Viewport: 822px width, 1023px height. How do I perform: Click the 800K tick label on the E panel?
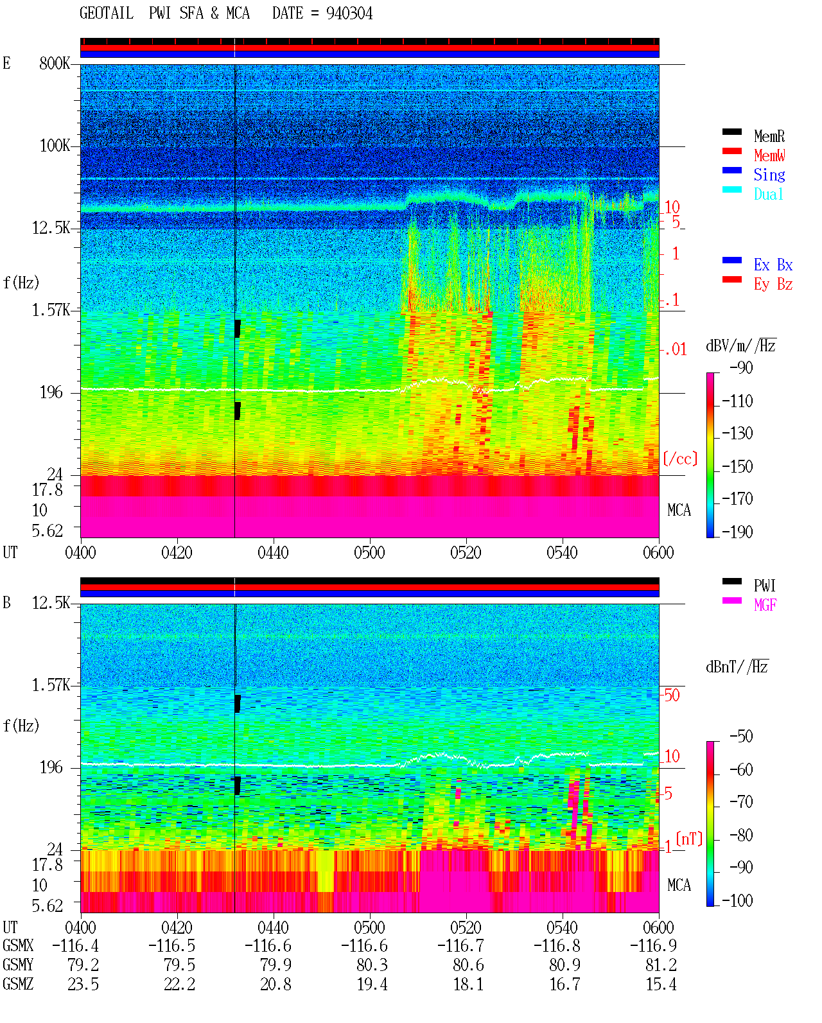click(55, 63)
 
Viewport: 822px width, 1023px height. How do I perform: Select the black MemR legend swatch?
click(731, 132)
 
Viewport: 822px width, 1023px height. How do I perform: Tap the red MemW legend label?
click(769, 155)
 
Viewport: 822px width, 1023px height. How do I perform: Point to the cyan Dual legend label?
click(768, 194)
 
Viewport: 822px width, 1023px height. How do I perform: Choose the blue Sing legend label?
click(769, 175)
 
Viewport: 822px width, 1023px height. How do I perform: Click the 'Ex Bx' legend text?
click(773, 265)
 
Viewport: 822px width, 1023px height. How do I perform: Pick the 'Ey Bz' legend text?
click(773, 284)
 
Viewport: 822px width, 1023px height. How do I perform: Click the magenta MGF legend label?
click(765, 605)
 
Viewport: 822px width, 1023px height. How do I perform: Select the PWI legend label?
click(764, 585)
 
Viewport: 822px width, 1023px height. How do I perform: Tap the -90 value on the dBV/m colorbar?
click(741, 367)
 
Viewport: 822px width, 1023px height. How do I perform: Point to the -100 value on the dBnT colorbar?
click(737, 900)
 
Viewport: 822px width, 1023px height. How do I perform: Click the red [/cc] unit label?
click(680, 459)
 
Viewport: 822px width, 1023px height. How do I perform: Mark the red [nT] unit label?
click(689, 839)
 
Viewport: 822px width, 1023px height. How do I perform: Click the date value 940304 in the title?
click(349, 13)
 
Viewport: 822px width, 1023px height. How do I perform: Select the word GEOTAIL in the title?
click(107, 13)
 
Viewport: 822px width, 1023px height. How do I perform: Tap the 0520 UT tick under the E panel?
click(466, 552)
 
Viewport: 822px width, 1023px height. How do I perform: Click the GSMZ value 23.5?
click(83, 984)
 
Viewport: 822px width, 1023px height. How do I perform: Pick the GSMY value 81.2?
click(661, 965)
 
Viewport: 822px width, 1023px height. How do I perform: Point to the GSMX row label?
click(18, 945)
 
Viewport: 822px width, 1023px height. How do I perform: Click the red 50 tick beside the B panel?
click(672, 695)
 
